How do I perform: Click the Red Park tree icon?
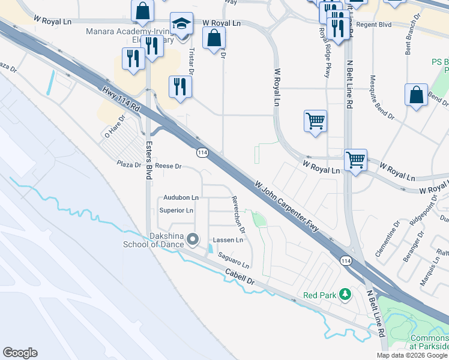click(x=345, y=294)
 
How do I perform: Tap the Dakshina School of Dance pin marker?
click(x=193, y=240)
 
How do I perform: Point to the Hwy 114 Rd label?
click(x=121, y=100)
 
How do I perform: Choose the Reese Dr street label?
click(x=168, y=166)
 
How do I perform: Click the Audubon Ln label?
click(x=181, y=197)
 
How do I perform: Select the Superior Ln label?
click(x=176, y=211)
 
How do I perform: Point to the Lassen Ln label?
click(x=228, y=240)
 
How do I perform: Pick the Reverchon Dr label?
click(x=239, y=215)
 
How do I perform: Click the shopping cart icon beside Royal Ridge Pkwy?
click(x=315, y=121)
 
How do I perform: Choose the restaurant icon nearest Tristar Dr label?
click(x=179, y=86)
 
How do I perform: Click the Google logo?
click(x=20, y=353)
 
